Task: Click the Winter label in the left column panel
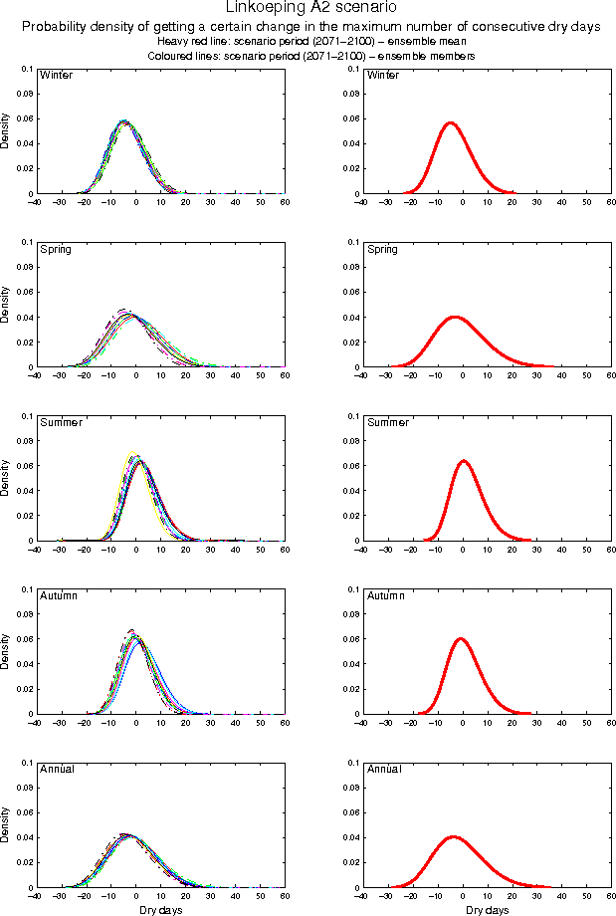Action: (x=55, y=76)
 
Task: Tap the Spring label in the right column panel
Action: (x=382, y=249)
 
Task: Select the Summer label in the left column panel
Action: (x=60, y=422)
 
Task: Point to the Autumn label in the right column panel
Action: (x=386, y=595)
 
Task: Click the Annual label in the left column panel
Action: (x=58, y=769)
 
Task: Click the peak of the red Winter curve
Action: (x=451, y=122)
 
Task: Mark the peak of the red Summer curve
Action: (x=463, y=461)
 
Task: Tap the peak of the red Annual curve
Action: (x=453, y=836)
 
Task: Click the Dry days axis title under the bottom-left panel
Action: (x=159, y=910)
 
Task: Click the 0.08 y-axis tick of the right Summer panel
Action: (x=349, y=440)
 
